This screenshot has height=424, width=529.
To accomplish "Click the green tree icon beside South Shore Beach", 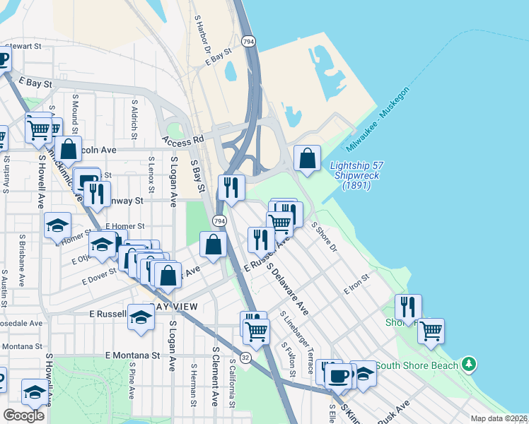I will tap(467, 365).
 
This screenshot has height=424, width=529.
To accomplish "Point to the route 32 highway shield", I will tap(245, 358).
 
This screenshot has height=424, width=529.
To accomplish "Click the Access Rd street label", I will tap(182, 141).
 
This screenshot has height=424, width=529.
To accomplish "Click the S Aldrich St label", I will tap(134, 116).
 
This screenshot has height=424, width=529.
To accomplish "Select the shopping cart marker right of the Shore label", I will tap(431, 331).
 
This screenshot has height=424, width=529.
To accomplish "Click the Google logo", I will tap(23, 416).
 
